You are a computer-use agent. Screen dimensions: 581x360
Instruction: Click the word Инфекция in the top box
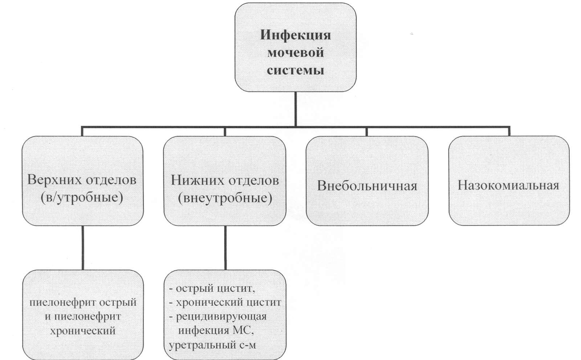pyautogui.click(x=296, y=35)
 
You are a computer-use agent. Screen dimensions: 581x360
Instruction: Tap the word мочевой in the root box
pyautogui.click(x=296, y=53)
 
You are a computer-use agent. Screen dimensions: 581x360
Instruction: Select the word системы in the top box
pyautogui.click(x=296, y=70)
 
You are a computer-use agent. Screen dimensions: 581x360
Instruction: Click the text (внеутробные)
pyautogui.click(x=225, y=199)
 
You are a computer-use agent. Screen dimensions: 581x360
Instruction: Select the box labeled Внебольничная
pyautogui.click(x=367, y=181)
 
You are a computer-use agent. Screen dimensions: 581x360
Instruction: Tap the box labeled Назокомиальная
pyautogui.click(x=509, y=180)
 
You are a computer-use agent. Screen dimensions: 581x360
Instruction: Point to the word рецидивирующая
pyautogui.click(x=221, y=316)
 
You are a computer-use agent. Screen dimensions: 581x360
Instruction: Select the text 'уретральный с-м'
pyautogui.click(x=212, y=345)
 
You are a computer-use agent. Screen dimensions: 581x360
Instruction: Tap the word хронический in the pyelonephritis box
pyautogui.click(x=83, y=331)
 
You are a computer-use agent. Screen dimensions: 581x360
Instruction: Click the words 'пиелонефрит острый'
pyautogui.click(x=83, y=302)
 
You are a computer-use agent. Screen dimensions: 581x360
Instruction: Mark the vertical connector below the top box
pyautogui.click(x=296, y=109)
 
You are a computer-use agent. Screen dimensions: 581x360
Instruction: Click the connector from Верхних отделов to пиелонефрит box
pyautogui.click(x=82, y=248)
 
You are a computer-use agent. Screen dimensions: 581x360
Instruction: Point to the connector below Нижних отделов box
pyautogui.click(x=225, y=248)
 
